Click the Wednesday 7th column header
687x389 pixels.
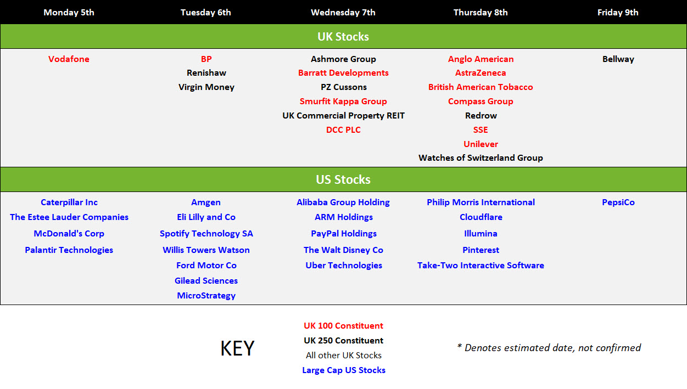coord(343,13)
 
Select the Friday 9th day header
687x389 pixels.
coord(618,13)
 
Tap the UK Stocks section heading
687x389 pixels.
coord(343,36)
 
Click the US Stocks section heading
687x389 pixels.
coord(343,179)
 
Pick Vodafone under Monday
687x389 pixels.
coord(69,59)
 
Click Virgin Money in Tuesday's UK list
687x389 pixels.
coord(206,87)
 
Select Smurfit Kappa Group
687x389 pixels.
coord(343,102)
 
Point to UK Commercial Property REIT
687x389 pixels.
coord(343,116)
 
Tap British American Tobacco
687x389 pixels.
coord(481,87)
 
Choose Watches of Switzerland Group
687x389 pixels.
coord(481,158)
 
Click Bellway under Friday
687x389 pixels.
coord(618,59)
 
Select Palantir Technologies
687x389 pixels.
coord(69,250)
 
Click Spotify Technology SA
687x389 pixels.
coord(206,234)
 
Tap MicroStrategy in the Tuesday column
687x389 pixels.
coord(206,296)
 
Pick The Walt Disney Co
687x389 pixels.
coord(343,250)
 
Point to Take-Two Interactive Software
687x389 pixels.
coord(481,265)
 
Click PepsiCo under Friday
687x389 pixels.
coord(618,202)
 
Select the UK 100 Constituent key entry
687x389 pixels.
coord(343,325)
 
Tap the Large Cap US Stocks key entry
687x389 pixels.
coord(344,370)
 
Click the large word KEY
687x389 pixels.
coord(237,348)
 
